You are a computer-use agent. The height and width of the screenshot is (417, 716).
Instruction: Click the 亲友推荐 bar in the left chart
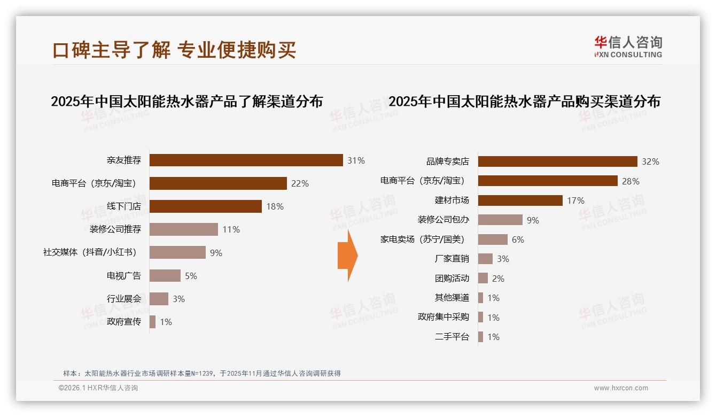[x=246, y=160]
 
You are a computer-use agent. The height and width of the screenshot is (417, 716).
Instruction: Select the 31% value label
[x=356, y=160]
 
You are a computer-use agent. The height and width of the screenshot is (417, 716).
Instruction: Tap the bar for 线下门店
[x=206, y=206]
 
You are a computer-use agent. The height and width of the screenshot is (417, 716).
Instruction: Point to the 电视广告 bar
[x=165, y=276]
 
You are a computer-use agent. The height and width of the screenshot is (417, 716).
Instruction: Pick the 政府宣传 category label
[x=124, y=322]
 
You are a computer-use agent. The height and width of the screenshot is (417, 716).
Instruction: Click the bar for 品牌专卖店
[x=557, y=161]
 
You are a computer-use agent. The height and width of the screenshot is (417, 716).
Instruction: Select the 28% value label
[x=631, y=181]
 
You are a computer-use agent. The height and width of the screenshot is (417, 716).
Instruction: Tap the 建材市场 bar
[x=520, y=200]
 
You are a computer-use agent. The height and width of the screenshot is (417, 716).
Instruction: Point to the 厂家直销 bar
[x=485, y=259]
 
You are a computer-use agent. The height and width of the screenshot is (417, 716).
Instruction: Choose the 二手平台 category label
[x=452, y=337]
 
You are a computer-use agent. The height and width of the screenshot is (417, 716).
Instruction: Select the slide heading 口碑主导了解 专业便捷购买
[x=174, y=50]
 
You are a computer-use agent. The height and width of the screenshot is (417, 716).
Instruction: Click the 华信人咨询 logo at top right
[x=628, y=47]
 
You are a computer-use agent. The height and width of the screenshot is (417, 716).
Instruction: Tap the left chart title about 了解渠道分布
[x=187, y=101]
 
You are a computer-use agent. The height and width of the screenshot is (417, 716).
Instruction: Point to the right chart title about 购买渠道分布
[x=524, y=101]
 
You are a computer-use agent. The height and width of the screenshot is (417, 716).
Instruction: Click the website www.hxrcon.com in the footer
[x=621, y=388]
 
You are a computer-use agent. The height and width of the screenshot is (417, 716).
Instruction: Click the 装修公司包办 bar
[x=500, y=220]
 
